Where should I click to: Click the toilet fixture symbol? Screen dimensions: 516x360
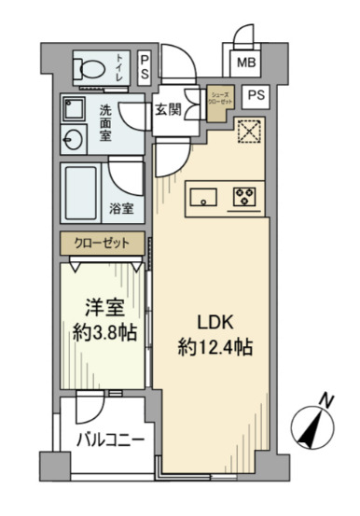[x=90, y=66]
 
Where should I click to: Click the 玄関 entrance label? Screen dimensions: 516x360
[x=168, y=108]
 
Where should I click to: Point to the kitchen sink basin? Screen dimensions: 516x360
[x=203, y=197]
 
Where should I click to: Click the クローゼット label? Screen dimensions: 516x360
[x=103, y=243]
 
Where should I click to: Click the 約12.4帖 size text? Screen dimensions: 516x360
[x=215, y=345]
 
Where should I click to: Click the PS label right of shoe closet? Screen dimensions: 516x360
[x=256, y=94]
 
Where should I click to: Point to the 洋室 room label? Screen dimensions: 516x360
[x=102, y=305]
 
